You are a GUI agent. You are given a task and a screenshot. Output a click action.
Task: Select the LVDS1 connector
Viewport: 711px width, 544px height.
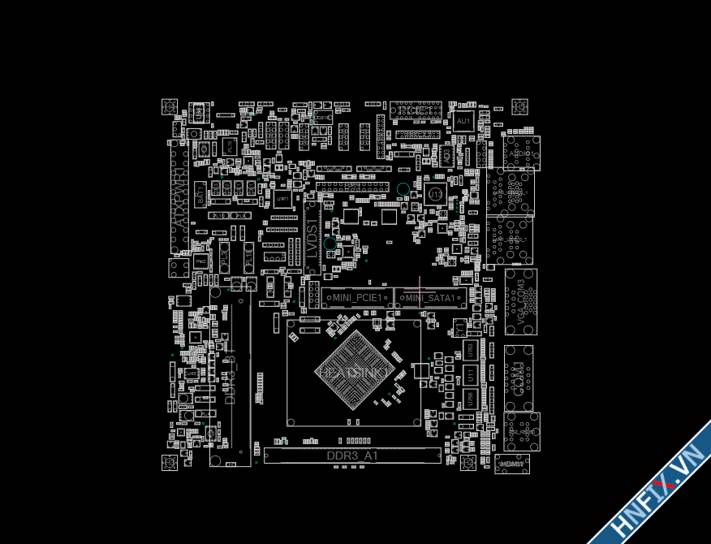tap(312, 235)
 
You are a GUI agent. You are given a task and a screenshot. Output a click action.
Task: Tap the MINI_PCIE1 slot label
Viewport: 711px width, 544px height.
tap(357, 298)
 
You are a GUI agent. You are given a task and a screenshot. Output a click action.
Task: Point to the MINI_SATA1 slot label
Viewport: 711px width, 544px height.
tap(430, 298)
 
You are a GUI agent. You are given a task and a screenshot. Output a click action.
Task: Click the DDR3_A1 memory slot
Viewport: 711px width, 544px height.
tap(352, 455)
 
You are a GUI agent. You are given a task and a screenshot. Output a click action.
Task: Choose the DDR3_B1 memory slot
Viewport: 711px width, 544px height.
tap(230, 378)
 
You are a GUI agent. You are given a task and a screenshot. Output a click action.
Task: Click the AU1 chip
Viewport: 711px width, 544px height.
tap(463, 121)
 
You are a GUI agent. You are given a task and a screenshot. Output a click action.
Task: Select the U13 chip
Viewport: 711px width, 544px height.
tap(435, 195)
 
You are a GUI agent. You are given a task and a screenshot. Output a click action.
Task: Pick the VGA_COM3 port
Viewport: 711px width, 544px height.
tap(520, 301)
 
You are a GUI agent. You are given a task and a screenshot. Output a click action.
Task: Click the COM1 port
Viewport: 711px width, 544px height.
tap(519, 378)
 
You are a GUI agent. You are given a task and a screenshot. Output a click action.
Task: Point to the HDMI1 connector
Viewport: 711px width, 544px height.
tap(511, 464)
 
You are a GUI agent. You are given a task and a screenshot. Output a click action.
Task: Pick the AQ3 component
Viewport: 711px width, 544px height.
tap(446, 153)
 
